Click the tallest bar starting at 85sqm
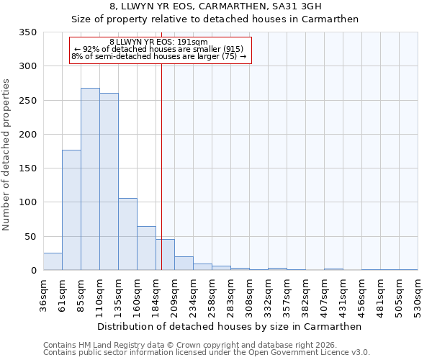tap(90, 179)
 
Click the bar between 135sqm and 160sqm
tap(127, 234)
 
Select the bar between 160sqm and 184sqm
tap(146, 248)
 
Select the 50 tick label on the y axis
tap(31, 236)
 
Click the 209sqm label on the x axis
tap(175, 295)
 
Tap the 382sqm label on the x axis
tap(306, 295)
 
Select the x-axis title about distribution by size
tap(230, 326)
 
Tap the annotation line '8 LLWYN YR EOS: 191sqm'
tap(158, 42)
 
